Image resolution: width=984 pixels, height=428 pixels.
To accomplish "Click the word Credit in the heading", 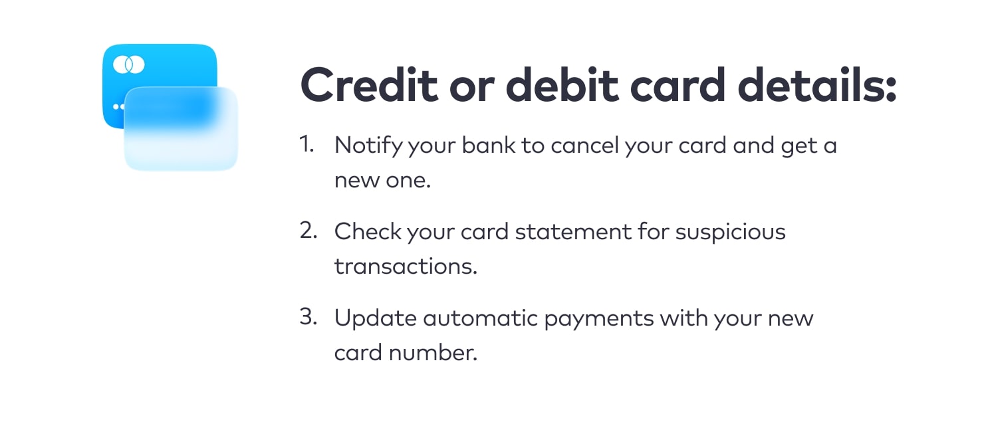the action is (369, 84).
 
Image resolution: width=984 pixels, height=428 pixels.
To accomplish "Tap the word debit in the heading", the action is (562, 84).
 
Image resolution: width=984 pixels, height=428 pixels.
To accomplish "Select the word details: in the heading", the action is (817, 84).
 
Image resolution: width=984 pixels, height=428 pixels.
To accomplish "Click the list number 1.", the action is (307, 144).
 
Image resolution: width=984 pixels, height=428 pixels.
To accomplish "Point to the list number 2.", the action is (308, 230).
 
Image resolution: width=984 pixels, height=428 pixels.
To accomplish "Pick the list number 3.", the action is (308, 316).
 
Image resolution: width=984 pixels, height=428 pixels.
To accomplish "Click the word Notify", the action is (368, 146).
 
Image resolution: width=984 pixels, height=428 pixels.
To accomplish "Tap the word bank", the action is (488, 145).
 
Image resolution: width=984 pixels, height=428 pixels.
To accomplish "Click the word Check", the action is (368, 231).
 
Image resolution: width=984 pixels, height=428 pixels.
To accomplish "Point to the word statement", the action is (573, 232).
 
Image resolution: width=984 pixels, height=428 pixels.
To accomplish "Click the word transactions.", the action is (406, 267).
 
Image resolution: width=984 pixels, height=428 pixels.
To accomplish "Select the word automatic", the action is (480, 318).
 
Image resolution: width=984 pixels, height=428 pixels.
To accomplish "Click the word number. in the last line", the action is (433, 353).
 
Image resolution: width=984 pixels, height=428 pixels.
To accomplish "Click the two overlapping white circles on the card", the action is (129, 64).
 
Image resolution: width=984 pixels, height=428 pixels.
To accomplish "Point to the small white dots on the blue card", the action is (118, 106).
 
